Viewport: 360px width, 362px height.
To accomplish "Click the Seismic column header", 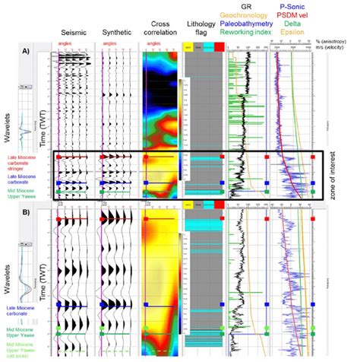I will (x=74, y=33).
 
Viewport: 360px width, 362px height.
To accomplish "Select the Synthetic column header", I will (x=117, y=33).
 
